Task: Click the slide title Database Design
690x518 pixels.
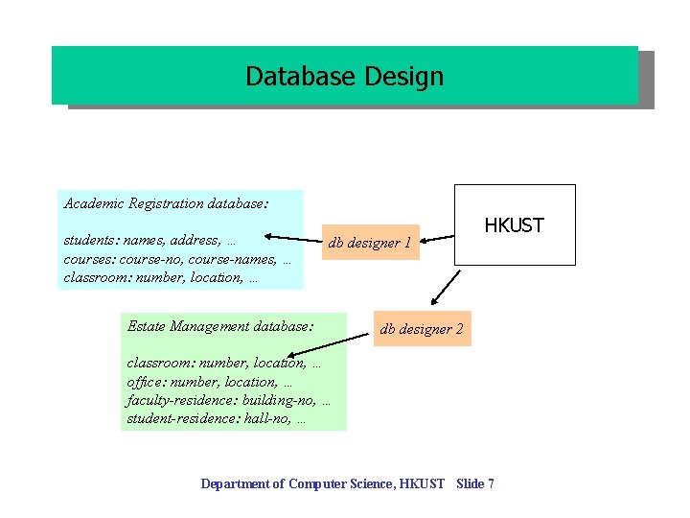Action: (344, 76)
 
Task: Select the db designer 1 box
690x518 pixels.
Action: (370, 243)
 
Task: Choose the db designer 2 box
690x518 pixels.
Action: (422, 329)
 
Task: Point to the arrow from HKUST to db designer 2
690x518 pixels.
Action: (445, 285)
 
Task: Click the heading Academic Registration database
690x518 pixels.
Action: (166, 203)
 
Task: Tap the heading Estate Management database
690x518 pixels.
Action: (219, 326)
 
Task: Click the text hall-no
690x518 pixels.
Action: (270, 418)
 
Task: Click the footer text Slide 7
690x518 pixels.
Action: (475, 483)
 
